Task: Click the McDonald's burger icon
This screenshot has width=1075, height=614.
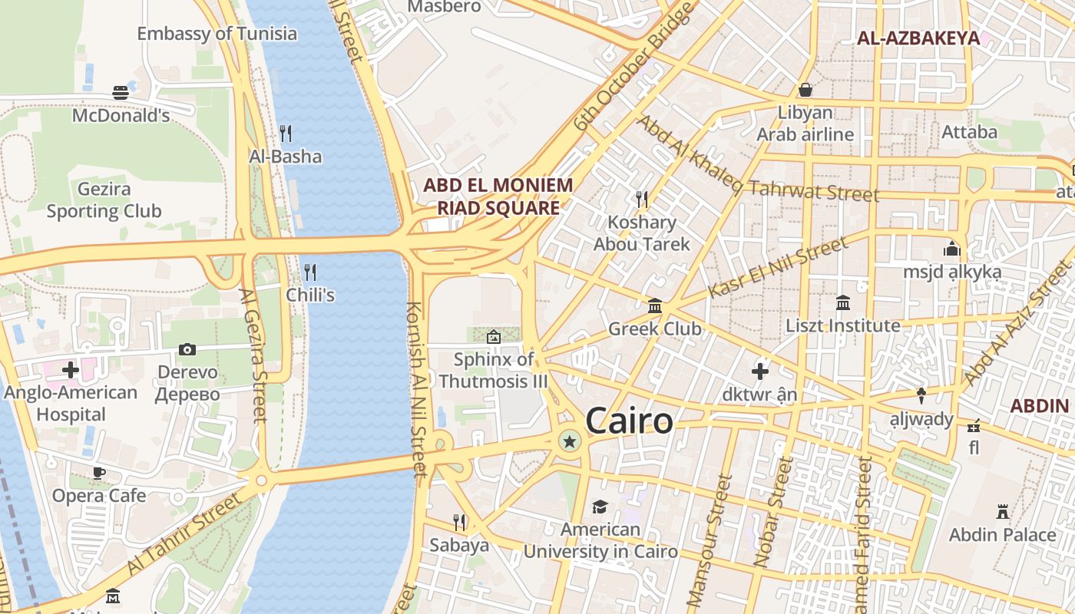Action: (121, 93)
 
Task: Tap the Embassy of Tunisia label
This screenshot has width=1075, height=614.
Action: (217, 34)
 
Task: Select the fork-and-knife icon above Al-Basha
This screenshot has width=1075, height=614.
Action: (286, 134)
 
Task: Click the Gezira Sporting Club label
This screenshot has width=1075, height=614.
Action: (104, 200)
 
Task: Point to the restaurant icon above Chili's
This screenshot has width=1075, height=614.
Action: (310, 272)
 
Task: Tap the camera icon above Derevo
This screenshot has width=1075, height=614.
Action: (187, 349)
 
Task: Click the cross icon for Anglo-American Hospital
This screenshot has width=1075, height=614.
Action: (71, 370)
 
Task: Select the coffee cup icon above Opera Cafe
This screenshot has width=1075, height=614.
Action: (98, 472)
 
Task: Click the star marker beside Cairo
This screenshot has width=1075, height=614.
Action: (569, 441)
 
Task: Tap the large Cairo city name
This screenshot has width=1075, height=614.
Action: (629, 421)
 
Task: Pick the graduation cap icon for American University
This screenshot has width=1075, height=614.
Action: (600, 507)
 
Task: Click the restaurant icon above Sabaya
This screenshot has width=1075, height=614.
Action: (459, 523)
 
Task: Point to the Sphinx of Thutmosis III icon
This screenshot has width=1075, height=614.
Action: (493, 336)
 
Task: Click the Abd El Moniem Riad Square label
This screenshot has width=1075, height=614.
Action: (498, 196)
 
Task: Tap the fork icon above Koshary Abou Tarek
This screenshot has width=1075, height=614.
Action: (642, 200)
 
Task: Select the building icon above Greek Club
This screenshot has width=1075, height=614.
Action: (655, 306)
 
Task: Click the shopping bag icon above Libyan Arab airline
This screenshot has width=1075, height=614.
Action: (805, 90)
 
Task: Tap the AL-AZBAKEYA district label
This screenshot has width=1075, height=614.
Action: (918, 38)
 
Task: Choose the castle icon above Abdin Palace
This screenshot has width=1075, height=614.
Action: (1002, 511)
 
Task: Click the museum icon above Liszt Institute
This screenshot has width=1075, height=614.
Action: (843, 302)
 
